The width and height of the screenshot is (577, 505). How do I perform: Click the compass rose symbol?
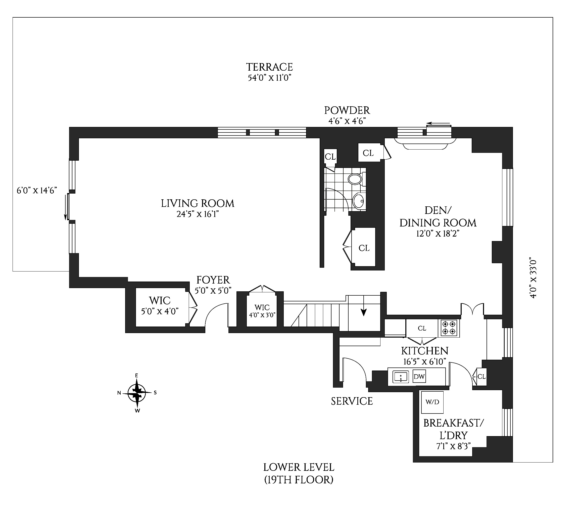click(137, 393)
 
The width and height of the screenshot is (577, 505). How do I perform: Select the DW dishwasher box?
click(419, 377)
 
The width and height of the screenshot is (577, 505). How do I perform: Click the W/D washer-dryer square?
click(432, 402)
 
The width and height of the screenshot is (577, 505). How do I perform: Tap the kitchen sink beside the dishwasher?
click(401, 377)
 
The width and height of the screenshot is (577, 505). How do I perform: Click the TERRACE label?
click(269, 67)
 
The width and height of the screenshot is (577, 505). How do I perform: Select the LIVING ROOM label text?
click(198, 203)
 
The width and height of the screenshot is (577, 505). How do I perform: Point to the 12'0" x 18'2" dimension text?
click(438, 234)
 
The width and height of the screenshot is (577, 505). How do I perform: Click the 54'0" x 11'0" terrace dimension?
click(269, 78)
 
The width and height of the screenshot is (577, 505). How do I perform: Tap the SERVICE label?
click(352, 401)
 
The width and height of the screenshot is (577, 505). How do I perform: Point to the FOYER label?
click(213, 280)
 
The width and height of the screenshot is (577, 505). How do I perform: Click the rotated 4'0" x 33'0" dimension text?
click(533, 278)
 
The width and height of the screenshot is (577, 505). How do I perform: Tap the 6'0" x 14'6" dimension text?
click(37, 191)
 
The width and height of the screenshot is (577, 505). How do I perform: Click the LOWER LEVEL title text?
click(299, 468)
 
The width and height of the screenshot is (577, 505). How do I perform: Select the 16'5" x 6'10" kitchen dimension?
click(424, 361)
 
